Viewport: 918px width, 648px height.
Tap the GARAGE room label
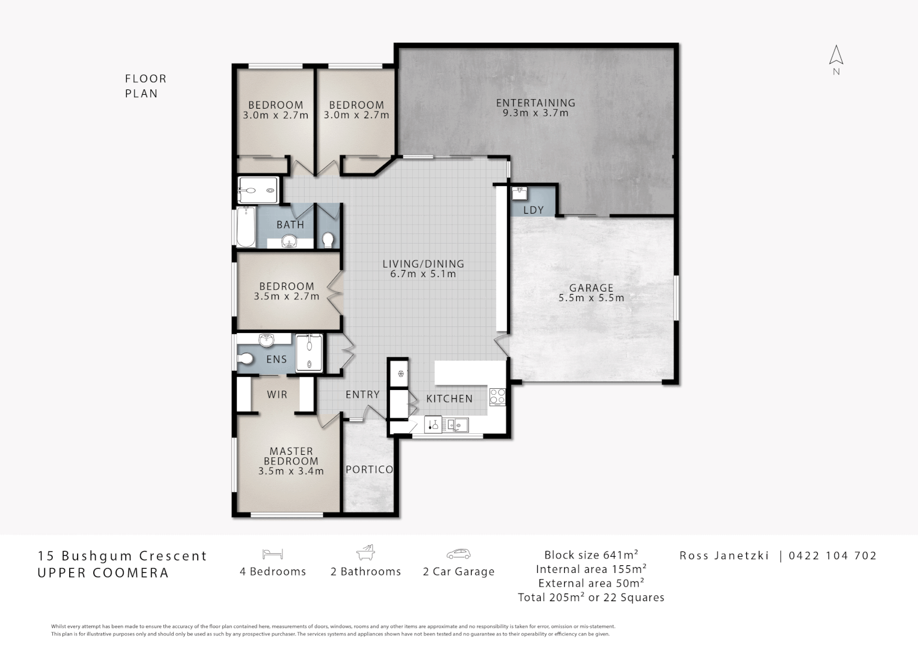pyautogui.click(x=591, y=288)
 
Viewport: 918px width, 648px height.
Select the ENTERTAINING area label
pyautogui.click(x=536, y=103)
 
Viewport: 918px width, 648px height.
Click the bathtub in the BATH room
pyautogui.click(x=246, y=227)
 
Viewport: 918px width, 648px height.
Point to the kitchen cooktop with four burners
pyautogui.click(x=497, y=397)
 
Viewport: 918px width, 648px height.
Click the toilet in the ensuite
pyautogui.click(x=245, y=359)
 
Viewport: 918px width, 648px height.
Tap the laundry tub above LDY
pyautogui.click(x=520, y=193)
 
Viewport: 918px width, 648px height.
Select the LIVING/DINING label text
pyautogui.click(x=423, y=264)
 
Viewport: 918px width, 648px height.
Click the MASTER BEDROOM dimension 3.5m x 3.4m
pyautogui.click(x=291, y=471)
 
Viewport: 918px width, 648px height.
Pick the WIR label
pyautogui.click(x=277, y=395)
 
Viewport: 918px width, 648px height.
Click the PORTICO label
pyautogui.click(x=369, y=470)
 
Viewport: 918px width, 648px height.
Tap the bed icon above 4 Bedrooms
pyautogui.click(x=273, y=554)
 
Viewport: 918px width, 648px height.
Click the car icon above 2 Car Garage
pyautogui.click(x=458, y=554)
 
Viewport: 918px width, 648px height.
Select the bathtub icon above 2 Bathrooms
pyautogui.click(x=365, y=553)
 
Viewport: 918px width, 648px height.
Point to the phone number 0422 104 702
pyautogui.click(x=833, y=556)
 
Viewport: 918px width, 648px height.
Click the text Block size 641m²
pyautogui.click(x=591, y=555)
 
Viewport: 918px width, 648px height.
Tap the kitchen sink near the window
pyautogui.click(x=457, y=425)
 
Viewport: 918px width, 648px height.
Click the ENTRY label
pyautogui.click(x=363, y=395)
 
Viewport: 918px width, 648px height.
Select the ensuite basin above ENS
pyautogui.click(x=267, y=340)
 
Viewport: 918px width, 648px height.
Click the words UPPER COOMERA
pyautogui.click(x=103, y=573)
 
